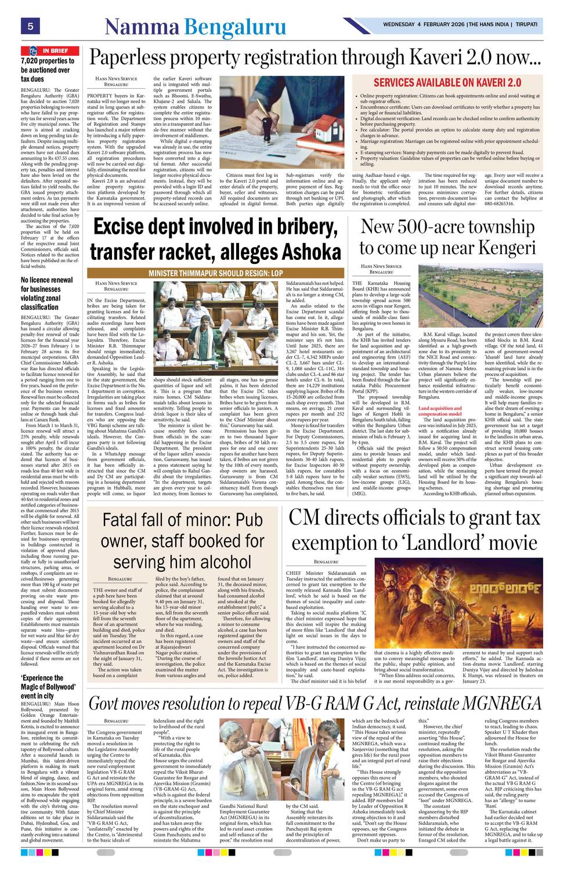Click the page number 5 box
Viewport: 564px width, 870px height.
(29, 26)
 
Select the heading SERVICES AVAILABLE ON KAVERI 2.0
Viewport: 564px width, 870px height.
(447, 83)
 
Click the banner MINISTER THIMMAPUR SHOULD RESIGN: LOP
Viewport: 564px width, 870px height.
(215, 273)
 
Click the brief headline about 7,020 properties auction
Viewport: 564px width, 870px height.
(48, 70)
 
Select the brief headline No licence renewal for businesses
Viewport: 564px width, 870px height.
(47, 293)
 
